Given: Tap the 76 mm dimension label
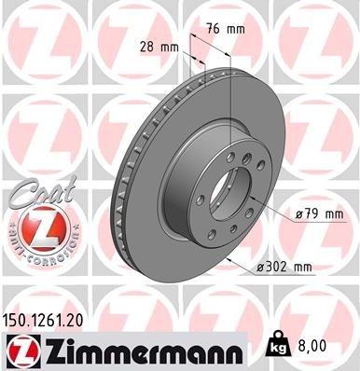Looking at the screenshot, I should tap(228, 29).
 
